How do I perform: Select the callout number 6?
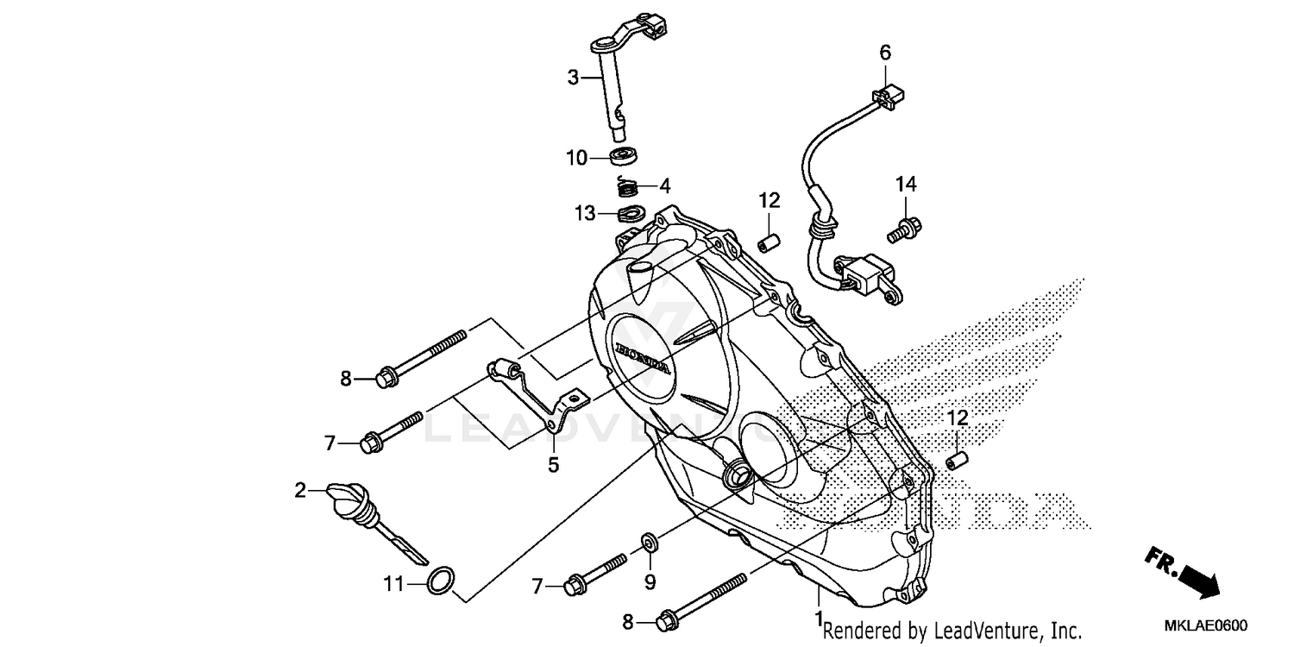click(x=885, y=53)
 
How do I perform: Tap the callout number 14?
click(x=905, y=184)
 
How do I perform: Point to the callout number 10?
click(x=576, y=158)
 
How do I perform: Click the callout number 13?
click(x=586, y=212)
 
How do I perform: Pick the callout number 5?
click(x=553, y=465)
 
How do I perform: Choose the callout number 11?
click(x=393, y=584)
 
